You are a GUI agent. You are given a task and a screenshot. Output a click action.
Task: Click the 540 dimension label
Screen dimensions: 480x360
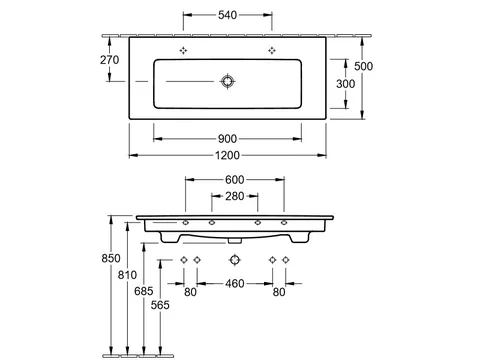(x=227, y=15)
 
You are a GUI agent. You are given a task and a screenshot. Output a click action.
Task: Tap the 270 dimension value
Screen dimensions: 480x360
(x=109, y=60)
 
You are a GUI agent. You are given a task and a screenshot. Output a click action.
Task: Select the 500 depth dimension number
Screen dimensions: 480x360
(x=363, y=66)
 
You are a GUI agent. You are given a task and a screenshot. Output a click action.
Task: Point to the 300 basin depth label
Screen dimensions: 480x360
(x=346, y=84)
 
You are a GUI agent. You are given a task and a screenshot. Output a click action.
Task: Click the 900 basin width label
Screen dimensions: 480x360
(x=227, y=139)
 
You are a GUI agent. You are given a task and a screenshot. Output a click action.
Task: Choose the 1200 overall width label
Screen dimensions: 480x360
(x=227, y=155)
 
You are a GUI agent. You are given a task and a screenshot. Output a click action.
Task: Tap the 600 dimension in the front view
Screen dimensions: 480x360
(x=235, y=180)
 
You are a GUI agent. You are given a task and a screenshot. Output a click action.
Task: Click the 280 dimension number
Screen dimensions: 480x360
(x=235, y=196)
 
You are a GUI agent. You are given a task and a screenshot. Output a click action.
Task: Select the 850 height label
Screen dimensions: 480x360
(x=111, y=258)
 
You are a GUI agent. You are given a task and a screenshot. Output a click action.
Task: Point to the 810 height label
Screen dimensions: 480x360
(x=127, y=275)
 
